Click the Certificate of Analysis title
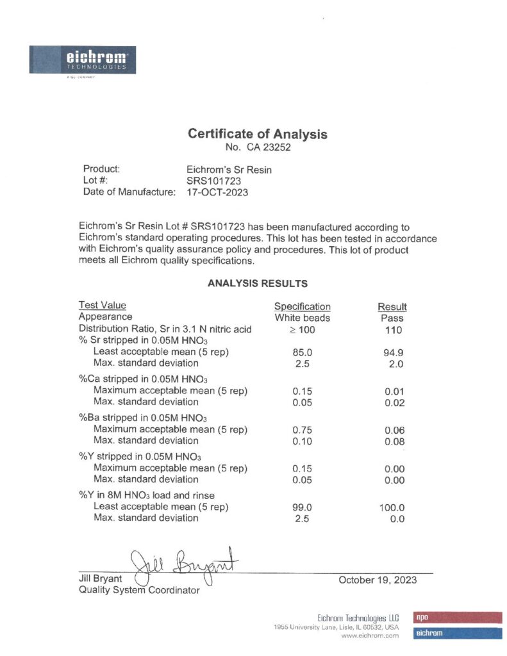tap(257, 135)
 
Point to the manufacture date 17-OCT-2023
tap(213, 192)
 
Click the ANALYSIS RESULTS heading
tap(258, 283)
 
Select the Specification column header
tap(302, 306)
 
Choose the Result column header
tap(392, 307)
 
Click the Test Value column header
tap(102, 306)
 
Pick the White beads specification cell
tap(302, 318)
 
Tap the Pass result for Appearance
tap(392, 318)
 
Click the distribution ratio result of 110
tap(394, 330)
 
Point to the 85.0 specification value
tap(302, 352)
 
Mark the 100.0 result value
tap(392, 507)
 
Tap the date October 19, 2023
tap(377, 580)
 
